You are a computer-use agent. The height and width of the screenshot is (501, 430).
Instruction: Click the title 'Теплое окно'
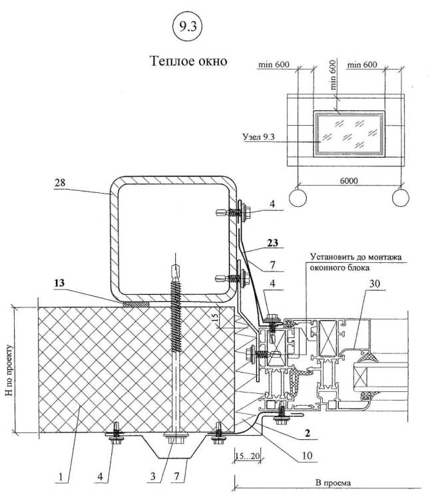(190, 61)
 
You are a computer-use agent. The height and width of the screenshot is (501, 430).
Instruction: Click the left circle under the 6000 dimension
(297, 198)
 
